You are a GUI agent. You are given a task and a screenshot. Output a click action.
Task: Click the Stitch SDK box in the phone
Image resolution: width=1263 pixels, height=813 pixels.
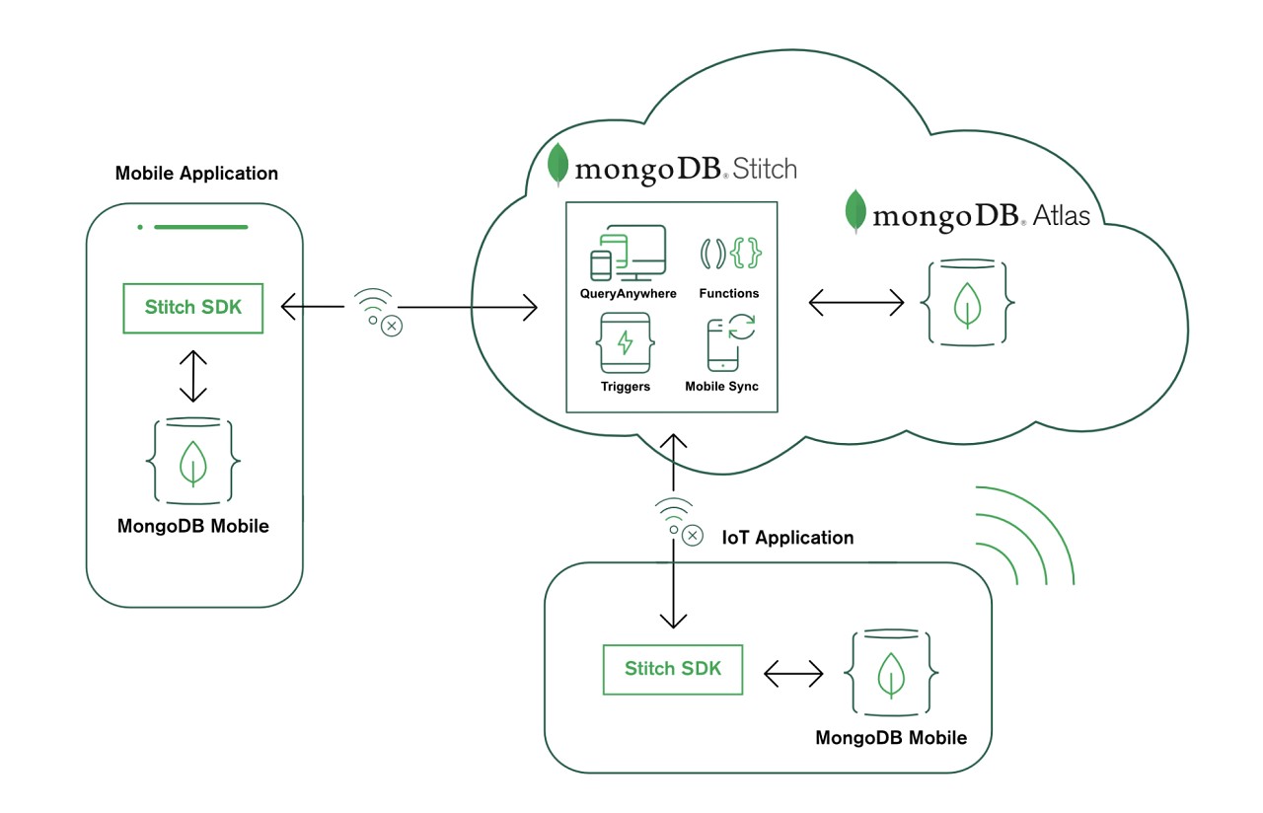point(193,308)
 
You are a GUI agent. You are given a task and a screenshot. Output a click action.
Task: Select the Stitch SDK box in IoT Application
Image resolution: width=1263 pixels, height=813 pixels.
point(673,669)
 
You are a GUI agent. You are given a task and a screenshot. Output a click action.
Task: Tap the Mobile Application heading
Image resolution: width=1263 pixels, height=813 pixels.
point(196,174)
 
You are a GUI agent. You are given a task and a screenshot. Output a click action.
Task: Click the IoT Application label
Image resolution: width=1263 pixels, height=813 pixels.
point(787,538)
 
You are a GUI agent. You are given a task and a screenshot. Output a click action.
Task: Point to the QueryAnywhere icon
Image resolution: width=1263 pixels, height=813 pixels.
point(628,254)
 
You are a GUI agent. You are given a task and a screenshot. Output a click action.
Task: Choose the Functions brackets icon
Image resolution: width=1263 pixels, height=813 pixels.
point(730,255)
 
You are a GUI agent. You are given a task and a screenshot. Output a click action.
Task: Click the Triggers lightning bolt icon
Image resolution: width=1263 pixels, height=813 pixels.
point(625,343)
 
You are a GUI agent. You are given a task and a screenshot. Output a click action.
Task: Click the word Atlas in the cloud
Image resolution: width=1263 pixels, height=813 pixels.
point(1062,214)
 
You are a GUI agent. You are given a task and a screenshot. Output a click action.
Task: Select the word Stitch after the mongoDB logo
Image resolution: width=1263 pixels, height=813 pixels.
point(766,169)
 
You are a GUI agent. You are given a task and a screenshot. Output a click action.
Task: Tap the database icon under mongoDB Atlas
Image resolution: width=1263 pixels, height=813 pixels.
point(967,303)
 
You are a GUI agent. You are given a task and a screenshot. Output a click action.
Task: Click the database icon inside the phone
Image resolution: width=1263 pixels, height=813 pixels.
point(193,462)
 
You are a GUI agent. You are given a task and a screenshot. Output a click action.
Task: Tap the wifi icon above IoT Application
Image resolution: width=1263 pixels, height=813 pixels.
point(679,521)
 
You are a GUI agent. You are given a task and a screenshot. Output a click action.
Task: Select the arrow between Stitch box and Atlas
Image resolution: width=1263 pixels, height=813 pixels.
point(856,303)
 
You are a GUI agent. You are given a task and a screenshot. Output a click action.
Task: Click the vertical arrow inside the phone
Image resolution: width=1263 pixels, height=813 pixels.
point(193,376)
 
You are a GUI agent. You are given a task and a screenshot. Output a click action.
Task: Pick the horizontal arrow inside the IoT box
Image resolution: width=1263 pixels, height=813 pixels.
point(793,674)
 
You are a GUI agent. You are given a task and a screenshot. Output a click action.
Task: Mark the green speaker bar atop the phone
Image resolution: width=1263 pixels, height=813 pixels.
point(200,227)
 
